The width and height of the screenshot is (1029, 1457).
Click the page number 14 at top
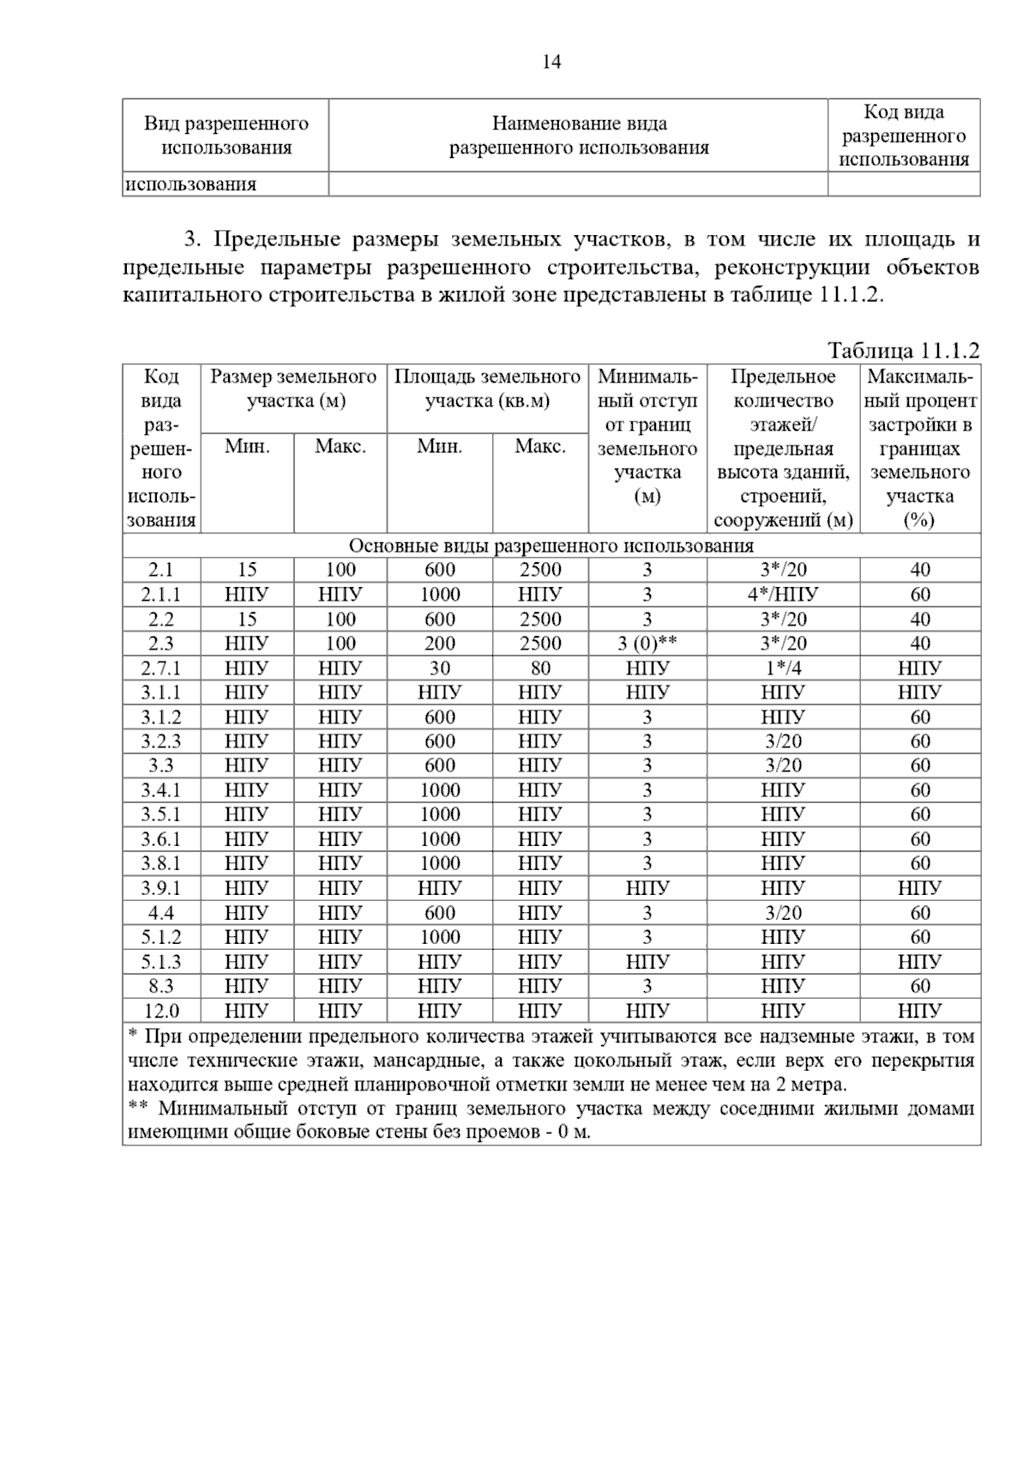[x=551, y=62]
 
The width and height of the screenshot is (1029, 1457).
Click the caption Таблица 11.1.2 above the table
[x=903, y=350]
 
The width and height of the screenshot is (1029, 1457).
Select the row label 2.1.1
[x=161, y=594]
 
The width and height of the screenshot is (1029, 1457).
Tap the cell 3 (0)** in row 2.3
[x=647, y=644]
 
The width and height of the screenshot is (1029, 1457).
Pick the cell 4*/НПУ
[x=782, y=594]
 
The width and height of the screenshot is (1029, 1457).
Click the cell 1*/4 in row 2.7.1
[x=782, y=668]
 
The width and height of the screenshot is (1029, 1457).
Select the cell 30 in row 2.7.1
[x=439, y=668]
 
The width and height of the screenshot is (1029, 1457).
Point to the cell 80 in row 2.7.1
[x=539, y=668]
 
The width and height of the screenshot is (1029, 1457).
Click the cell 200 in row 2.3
[x=439, y=644]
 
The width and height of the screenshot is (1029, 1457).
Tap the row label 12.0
[x=161, y=1011]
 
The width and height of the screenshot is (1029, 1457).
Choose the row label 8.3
[x=161, y=986]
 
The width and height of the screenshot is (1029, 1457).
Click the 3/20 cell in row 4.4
[x=782, y=913]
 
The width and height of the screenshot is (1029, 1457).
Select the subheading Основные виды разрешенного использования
[x=551, y=546]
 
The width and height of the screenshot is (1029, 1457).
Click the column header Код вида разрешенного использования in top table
[x=904, y=136]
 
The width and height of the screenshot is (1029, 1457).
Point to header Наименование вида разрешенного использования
[x=579, y=136]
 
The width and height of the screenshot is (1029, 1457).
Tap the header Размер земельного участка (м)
[x=294, y=389]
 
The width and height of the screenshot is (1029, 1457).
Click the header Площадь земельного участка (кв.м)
[x=487, y=389]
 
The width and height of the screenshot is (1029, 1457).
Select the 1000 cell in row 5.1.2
[x=439, y=937]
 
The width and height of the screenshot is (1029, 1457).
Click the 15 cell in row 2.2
[x=247, y=619]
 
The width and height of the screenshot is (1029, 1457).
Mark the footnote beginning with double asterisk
[x=551, y=1120]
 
